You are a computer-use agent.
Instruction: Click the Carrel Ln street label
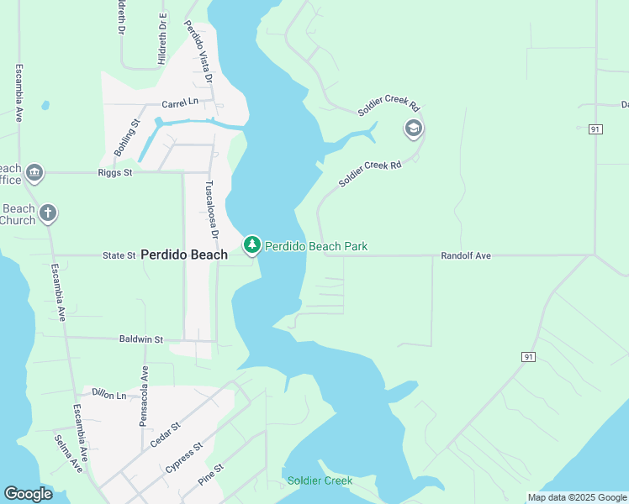(x=180, y=102)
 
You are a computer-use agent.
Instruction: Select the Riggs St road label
(x=116, y=173)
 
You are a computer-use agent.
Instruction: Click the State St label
(x=119, y=255)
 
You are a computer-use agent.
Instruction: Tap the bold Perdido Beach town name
(x=184, y=255)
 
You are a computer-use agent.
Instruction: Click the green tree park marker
(x=251, y=245)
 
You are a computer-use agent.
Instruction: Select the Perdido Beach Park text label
(x=316, y=247)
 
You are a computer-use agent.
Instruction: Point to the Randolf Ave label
(x=467, y=255)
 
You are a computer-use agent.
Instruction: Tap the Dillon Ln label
(x=108, y=393)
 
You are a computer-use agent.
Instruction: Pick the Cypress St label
(x=186, y=461)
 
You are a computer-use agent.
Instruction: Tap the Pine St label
(x=211, y=475)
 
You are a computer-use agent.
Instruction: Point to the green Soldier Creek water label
(x=320, y=481)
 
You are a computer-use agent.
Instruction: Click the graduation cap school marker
(x=413, y=129)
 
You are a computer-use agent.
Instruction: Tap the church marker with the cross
(x=48, y=213)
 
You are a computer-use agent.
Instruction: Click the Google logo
(x=28, y=494)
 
